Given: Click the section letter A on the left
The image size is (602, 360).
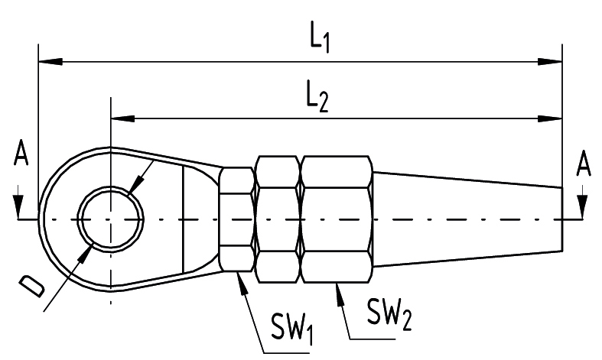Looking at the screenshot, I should point(21,156).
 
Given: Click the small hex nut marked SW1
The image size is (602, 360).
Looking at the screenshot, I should point(237,219).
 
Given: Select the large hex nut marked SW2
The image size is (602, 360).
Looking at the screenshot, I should point(337,219).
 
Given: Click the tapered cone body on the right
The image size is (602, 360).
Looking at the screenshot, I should point(467,219).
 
